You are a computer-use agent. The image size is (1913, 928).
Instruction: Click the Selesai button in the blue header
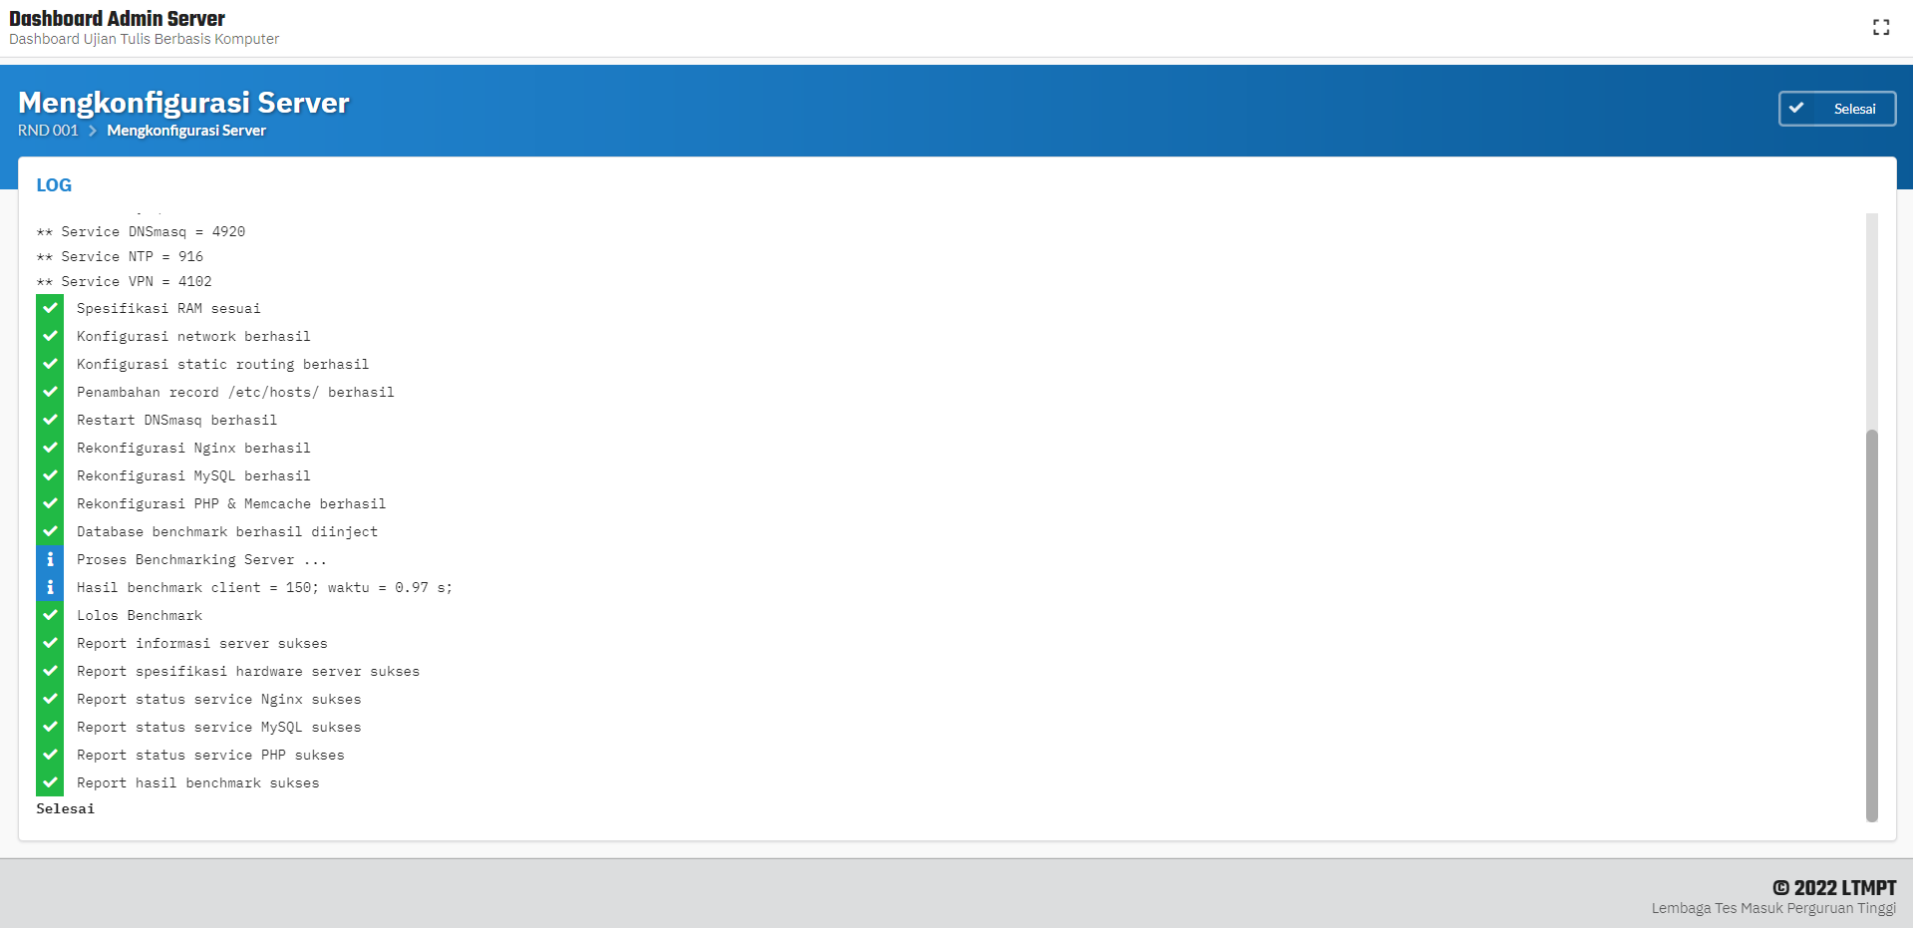coord(1836,109)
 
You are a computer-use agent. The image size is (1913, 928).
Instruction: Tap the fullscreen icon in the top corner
coord(1881,28)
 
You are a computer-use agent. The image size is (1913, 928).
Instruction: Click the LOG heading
coord(54,185)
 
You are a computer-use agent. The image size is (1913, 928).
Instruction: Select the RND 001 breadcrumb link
coord(48,131)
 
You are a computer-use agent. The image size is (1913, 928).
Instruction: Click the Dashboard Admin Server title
coord(117,19)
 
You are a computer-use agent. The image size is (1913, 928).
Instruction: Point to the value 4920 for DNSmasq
coord(228,232)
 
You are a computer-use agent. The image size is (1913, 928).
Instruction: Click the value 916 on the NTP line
coord(190,257)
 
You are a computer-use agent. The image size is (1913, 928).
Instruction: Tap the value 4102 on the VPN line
coord(195,282)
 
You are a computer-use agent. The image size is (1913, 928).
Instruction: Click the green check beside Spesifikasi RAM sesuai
coord(50,309)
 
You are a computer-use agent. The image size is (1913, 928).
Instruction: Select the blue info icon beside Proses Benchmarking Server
coord(50,560)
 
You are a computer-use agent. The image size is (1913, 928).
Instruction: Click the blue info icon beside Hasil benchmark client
coord(50,588)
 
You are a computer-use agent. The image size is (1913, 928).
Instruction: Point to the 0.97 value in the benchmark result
coord(412,588)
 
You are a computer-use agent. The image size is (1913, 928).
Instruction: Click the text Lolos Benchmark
coord(140,616)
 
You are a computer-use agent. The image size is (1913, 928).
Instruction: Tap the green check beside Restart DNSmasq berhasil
coord(50,421)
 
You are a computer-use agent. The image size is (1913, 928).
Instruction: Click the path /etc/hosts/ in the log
coord(274,393)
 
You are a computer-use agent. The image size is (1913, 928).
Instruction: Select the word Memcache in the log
coord(277,504)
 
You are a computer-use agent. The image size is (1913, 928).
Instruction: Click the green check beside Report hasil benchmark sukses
coord(50,783)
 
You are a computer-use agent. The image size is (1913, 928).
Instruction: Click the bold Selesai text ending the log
coord(66,809)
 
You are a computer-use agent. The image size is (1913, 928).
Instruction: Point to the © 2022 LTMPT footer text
coord(1834,888)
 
